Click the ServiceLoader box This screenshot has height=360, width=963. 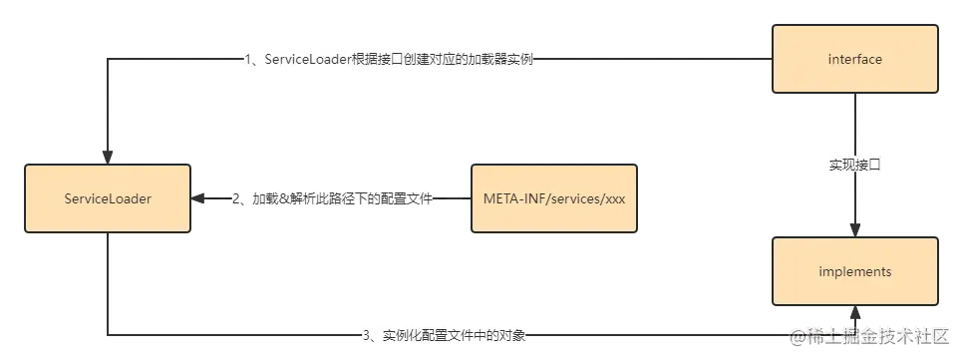tap(108, 198)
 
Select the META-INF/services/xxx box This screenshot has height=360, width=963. tap(553, 198)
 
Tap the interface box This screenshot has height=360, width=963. tap(854, 60)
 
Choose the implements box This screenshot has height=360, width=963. tap(854, 271)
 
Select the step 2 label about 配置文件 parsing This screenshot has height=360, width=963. tap(336, 198)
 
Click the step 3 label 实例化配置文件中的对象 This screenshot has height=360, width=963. tap(443, 334)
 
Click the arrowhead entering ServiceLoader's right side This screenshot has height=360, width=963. tap(199, 198)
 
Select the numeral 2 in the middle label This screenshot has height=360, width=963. tap(235, 198)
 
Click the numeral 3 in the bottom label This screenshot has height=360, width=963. tap(365, 334)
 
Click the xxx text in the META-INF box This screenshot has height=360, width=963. tap(615, 198)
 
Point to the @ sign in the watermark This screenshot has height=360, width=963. tap(796, 336)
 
